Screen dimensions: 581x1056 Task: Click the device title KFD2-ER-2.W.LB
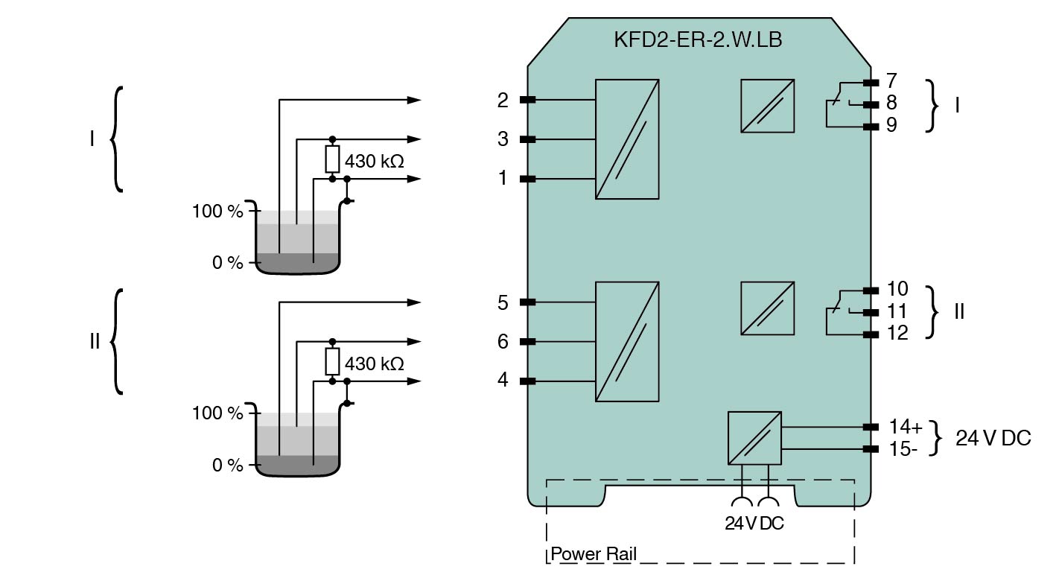(x=697, y=40)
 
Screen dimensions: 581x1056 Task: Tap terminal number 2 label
(x=503, y=100)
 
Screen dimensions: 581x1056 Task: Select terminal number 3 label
(x=503, y=139)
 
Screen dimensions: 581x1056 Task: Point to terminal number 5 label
(x=503, y=302)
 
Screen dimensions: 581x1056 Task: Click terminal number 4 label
(x=503, y=381)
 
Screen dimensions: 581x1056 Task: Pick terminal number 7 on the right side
(x=891, y=80)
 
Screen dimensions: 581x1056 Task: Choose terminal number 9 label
(x=891, y=125)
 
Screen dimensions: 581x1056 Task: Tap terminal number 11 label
(x=898, y=311)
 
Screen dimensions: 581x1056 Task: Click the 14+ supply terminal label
(x=906, y=427)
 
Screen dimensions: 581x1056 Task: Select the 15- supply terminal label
(x=903, y=449)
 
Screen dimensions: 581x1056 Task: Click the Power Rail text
(x=594, y=555)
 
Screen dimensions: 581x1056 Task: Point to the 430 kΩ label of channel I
(x=375, y=160)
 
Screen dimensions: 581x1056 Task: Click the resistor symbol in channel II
(x=333, y=362)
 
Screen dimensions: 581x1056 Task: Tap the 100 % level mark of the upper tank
(x=218, y=212)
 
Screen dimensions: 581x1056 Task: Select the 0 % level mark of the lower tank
(x=228, y=466)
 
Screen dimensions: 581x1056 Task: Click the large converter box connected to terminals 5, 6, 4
(x=627, y=342)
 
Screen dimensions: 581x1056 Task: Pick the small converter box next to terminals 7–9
(x=767, y=106)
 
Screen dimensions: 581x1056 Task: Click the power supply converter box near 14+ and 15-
(x=754, y=438)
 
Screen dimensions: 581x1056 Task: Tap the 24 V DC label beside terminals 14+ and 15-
(x=993, y=439)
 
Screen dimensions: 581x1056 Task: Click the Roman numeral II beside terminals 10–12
(x=959, y=311)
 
